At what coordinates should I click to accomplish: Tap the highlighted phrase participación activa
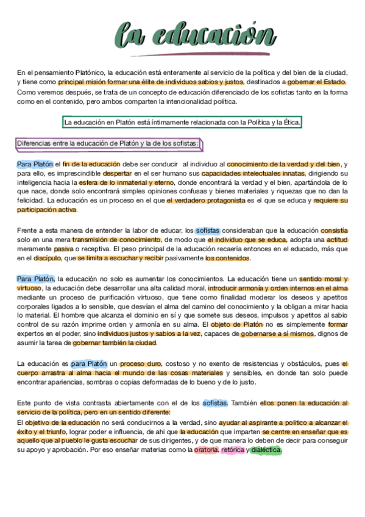pyautogui.click(x=47, y=210)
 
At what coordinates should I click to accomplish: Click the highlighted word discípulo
pyautogui.click(x=49, y=258)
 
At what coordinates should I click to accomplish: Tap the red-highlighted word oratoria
pyautogui.click(x=206, y=450)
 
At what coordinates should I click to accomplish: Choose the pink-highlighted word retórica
pyautogui.click(x=233, y=450)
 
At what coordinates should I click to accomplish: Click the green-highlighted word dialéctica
pyautogui.click(x=266, y=450)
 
